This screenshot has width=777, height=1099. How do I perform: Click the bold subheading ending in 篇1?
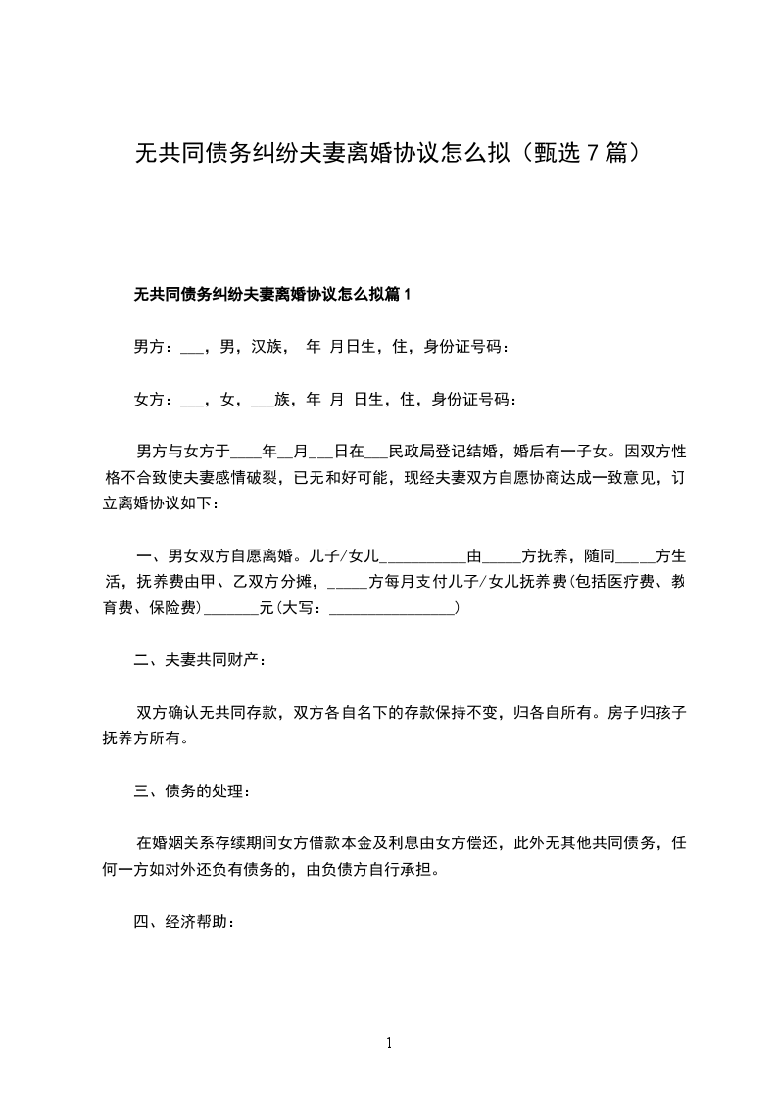tap(272, 293)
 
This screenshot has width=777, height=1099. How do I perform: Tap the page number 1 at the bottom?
tap(389, 1043)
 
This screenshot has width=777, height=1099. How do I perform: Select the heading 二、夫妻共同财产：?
tap(200, 660)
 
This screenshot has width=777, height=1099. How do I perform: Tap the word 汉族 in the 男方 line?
tap(267, 346)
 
